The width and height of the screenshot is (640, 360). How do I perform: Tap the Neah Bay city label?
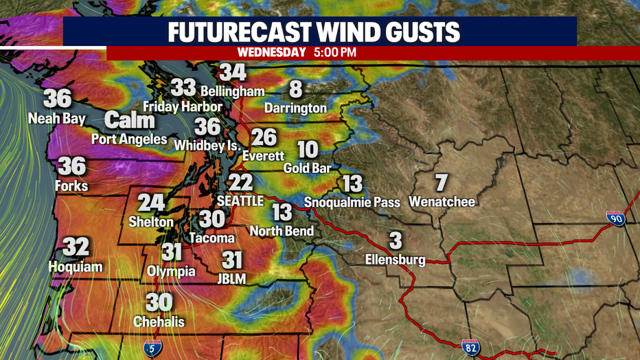56,118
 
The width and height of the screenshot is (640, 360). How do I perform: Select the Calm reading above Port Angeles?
130,121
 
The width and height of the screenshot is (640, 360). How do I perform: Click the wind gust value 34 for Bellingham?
233,72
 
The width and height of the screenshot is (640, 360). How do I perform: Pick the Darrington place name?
295,108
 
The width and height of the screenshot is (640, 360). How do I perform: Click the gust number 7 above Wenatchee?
441,183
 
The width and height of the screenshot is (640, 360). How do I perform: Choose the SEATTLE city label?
240,201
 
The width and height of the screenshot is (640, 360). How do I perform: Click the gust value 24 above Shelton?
151,203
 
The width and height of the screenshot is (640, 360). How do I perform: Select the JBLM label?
233,278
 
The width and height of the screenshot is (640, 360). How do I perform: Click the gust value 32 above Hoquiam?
76,247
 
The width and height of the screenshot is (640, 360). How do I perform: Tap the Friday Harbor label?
183,106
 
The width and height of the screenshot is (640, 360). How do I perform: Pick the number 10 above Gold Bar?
308,149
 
